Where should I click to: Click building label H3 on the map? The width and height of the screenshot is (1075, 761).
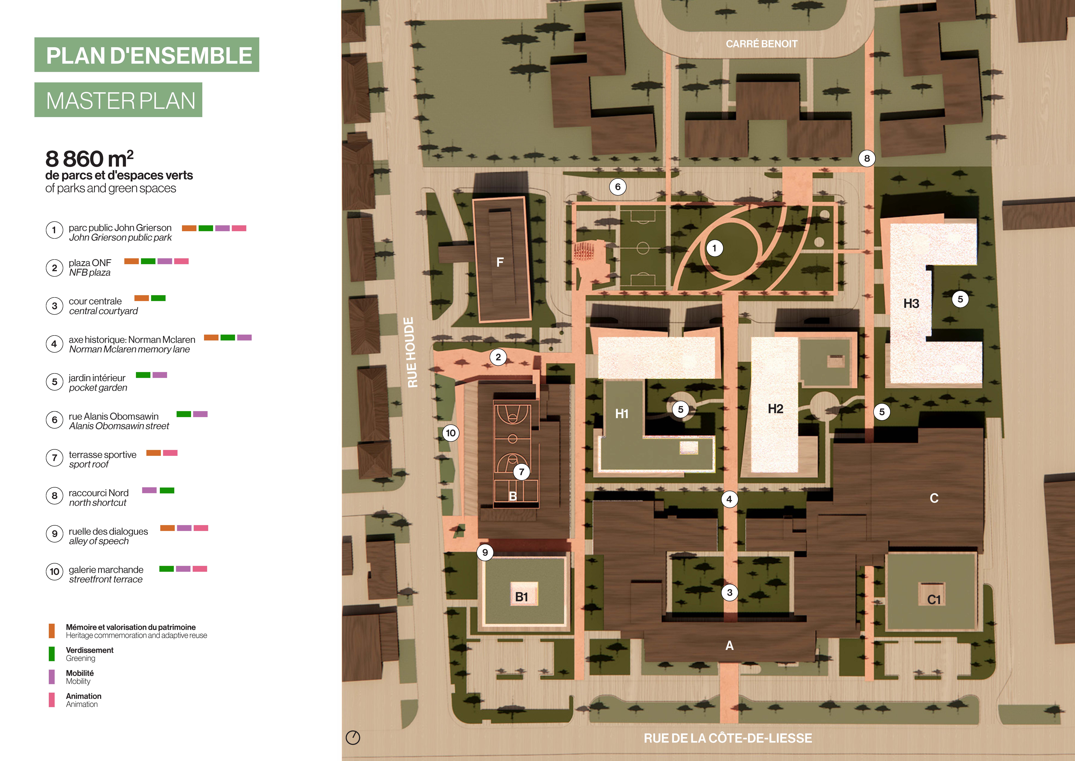(911, 304)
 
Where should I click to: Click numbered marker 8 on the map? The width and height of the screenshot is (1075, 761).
(867, 158)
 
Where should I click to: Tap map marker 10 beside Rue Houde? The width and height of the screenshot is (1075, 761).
(450, 433)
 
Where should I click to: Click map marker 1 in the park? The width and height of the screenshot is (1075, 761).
(714, 248)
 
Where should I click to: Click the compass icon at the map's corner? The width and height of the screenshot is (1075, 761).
(353, 738)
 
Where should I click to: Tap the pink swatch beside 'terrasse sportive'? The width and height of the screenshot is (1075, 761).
(170, 453)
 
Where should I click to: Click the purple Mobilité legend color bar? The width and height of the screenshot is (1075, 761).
(52, 677)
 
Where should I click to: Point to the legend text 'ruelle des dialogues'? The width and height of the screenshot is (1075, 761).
(108, 531)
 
